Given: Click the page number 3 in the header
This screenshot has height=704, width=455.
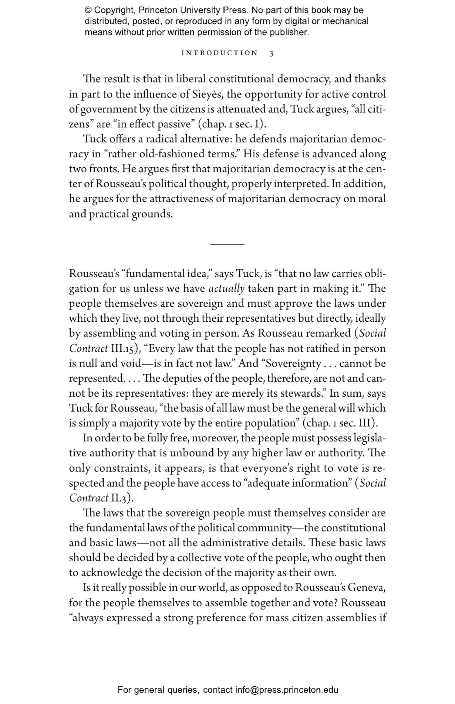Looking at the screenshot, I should coord(271,53).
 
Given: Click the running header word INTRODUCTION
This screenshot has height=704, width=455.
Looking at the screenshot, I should coord(219,53).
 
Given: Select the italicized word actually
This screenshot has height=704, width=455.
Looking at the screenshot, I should coord(226,289).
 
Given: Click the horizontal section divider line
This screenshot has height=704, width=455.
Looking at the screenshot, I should coord(227,244).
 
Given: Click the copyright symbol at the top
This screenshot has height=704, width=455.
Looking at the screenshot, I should coord(88,11).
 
